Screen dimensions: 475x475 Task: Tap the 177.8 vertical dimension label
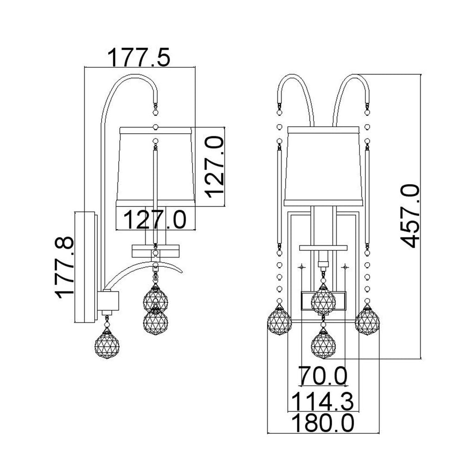64,268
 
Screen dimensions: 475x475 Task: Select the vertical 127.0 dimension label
214,167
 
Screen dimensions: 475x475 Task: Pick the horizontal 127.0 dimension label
155,219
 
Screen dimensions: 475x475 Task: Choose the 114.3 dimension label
322,401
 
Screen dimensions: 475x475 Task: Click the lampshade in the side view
155,167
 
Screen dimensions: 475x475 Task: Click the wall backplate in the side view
86,267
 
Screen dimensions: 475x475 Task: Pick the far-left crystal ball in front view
279,321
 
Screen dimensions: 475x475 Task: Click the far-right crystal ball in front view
367,321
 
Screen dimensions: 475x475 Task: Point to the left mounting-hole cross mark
302,267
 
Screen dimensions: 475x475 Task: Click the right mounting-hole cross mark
345,267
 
